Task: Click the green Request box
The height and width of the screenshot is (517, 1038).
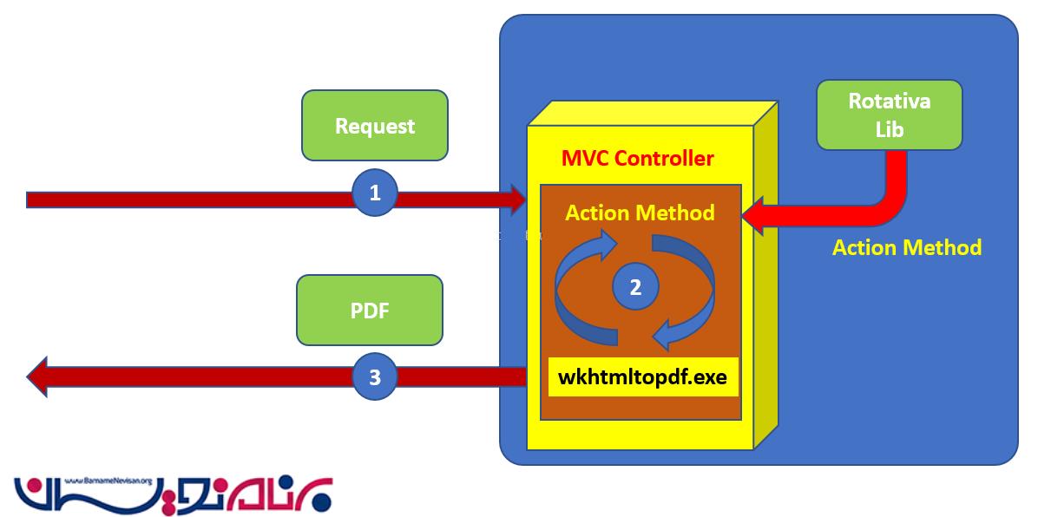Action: tap(374, 126)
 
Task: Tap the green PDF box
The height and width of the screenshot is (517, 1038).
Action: tap(370, 310)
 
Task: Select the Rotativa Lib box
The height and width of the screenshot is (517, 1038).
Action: tap(890, 115)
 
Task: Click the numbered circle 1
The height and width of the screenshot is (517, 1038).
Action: tap(375, 193)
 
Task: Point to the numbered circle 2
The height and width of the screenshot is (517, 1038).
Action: tap(635, 288)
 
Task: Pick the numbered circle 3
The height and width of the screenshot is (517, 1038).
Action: tap(375, 377)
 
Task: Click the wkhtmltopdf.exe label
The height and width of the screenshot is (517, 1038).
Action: tap(643, 377)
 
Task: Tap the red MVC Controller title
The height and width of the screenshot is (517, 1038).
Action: tap(638, 159)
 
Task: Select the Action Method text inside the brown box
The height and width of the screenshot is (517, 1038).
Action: tap(641, 213)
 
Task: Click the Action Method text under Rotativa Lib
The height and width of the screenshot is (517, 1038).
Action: tap(907, 248)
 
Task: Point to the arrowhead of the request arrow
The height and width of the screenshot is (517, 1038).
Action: tap(518, 200)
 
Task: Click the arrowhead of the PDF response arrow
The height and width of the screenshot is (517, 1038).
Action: tap(37, 377)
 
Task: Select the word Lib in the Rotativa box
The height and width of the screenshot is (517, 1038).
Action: tap(890, 130)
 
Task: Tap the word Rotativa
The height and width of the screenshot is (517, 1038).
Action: tap(890, 101)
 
